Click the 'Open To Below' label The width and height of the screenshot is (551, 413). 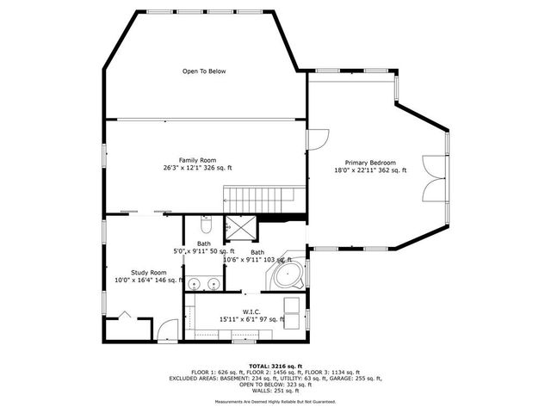204,71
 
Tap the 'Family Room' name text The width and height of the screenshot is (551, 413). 197,160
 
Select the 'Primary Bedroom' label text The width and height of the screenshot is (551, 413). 370,163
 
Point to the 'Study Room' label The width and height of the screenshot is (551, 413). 149,272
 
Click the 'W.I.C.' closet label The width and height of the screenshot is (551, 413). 251,311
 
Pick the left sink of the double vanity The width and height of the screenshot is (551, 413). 195,283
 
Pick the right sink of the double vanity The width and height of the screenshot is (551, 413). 213,283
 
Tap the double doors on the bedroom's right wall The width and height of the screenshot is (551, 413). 436,179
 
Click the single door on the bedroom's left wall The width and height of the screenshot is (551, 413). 318,138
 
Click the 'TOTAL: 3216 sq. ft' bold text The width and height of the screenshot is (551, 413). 275,366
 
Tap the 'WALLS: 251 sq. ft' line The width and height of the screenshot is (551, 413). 275,390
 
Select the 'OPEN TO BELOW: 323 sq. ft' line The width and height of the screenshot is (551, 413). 275,384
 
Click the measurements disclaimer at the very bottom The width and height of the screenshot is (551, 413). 275,401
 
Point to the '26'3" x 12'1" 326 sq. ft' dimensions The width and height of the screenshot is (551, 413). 197,168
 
